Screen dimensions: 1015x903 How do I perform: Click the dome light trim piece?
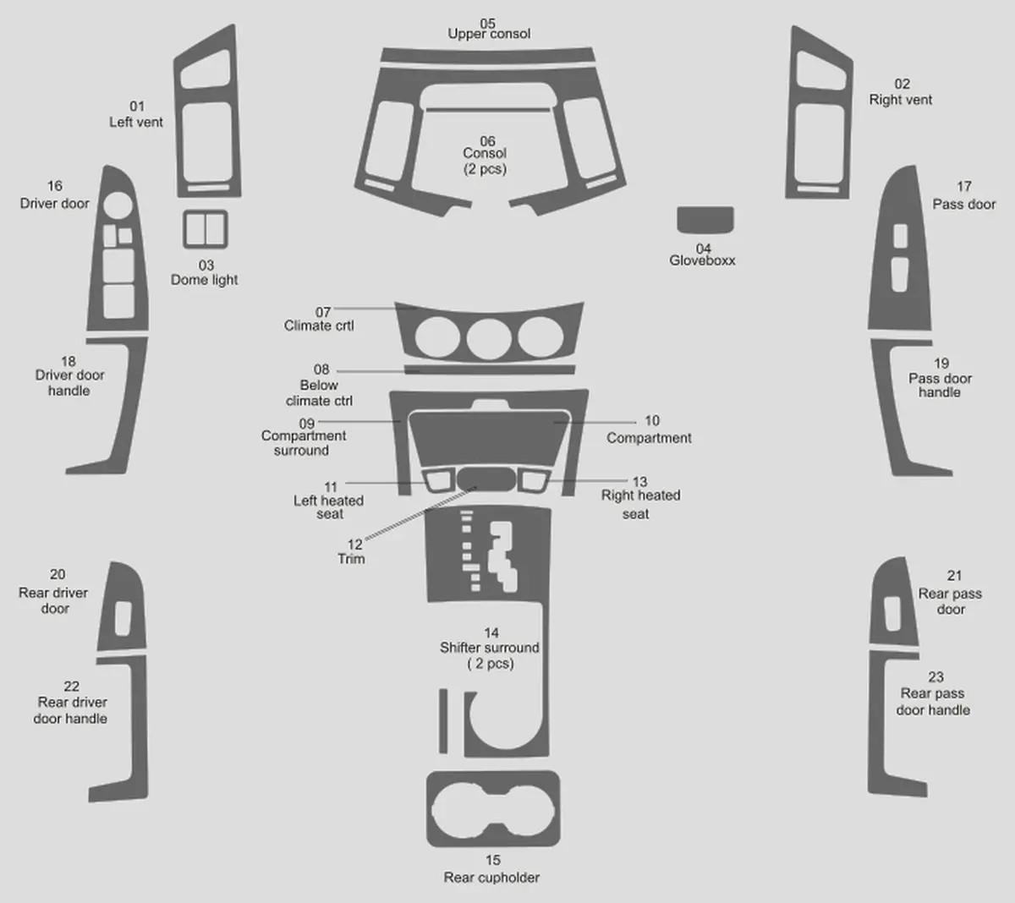(x=184, y=229)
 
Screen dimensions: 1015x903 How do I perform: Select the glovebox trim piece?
(x=705, y=220)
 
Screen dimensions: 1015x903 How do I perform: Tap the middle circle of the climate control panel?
(x=489, y=338)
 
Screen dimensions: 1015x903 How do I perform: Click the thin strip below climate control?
(x=490, y=370)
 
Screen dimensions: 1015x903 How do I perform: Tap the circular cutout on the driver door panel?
(x=118, y=205)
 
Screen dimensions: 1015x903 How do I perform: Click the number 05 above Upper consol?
(x=487, y=24)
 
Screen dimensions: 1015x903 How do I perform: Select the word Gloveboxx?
(x=702, y=260)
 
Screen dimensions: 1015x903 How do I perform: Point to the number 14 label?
(x=491, y=633)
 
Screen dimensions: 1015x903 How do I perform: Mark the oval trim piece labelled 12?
(x=486, y=479)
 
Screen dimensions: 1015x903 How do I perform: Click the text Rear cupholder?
(x=491, y=878)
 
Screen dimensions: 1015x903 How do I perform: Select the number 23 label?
(x=935, y=677)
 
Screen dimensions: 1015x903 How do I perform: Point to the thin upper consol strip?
(x=488, y=55)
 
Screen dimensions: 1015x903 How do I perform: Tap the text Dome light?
(x=205, y=280)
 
